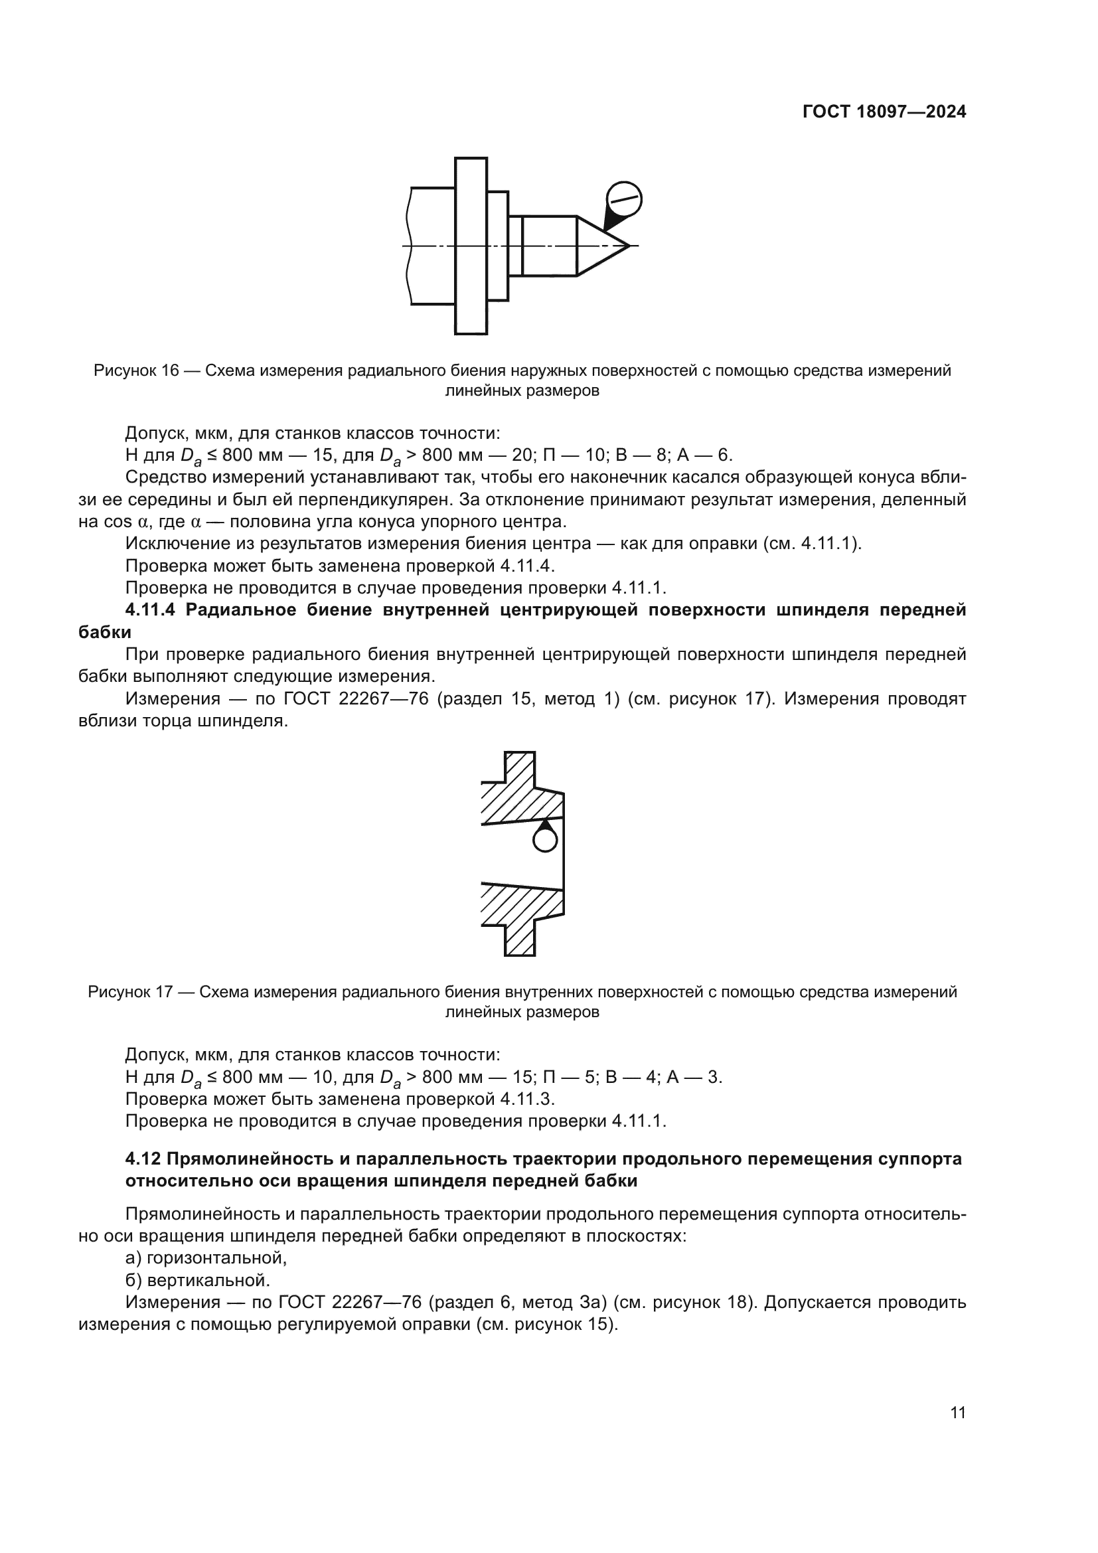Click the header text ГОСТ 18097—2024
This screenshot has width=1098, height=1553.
[x=884, y=112]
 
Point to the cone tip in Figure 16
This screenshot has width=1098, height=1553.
[x=627, y=246]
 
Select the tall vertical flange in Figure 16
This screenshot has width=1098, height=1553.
[x=471, y=246]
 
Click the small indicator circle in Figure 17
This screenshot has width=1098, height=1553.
[x=545, y=840]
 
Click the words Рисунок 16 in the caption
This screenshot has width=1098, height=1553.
[x=136, y=370]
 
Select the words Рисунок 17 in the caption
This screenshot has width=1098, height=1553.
[x=131, y=992]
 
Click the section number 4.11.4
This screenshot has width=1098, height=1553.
[x=150, y=610]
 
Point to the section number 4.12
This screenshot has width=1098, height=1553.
[x=143, y=1159]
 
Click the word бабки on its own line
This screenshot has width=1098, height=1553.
[x=105, y=633]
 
